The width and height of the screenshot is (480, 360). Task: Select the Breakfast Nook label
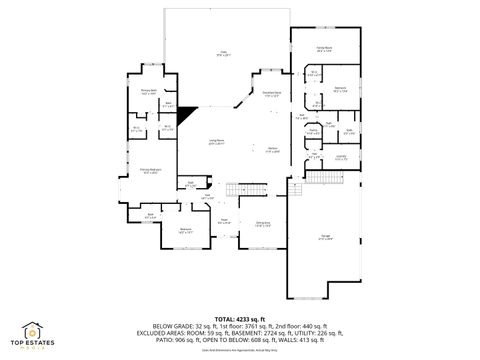[x=271, y=95]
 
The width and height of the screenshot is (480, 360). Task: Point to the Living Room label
[x=216, y=142]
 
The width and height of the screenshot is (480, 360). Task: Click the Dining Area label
[x=262, y=224]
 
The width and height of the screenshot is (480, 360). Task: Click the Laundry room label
[x=340, y=156]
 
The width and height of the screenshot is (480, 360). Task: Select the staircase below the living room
[x=238, y=189]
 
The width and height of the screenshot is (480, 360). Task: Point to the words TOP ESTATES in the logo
[x=32, y=345]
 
